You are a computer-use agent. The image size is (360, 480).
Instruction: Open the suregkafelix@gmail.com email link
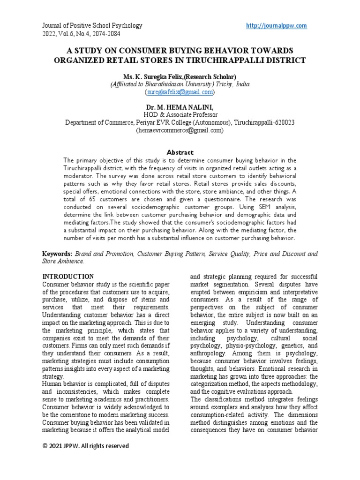tap(180, 92)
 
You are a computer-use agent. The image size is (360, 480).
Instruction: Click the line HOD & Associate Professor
tap(180, 115)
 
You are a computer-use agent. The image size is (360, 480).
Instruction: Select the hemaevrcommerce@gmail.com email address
tap(180, 131)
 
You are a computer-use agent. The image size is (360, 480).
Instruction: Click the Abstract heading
tap(180, 152)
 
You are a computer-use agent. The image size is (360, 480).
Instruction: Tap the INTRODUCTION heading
tap(68, 277)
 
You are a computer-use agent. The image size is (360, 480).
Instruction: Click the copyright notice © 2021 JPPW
tap(85, 446)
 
